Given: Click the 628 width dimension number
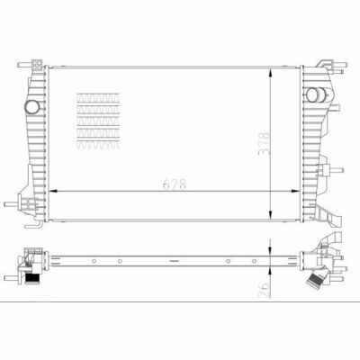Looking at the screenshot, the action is [x=175, y=184].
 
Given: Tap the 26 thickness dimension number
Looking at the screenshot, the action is [x=264, y=290].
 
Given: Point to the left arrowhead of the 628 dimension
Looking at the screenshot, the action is [x=52, y=191].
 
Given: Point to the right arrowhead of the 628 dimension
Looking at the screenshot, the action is [x=295, y=191].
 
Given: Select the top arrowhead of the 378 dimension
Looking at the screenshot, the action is [x=271, y=73].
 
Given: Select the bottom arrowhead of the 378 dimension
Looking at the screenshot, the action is [x=271, y=214].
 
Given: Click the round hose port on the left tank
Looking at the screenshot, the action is [x=31, y=107].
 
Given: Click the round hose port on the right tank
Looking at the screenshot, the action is [x=313, y=94].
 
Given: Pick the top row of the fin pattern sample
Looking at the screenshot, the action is [x=98, y=97].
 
